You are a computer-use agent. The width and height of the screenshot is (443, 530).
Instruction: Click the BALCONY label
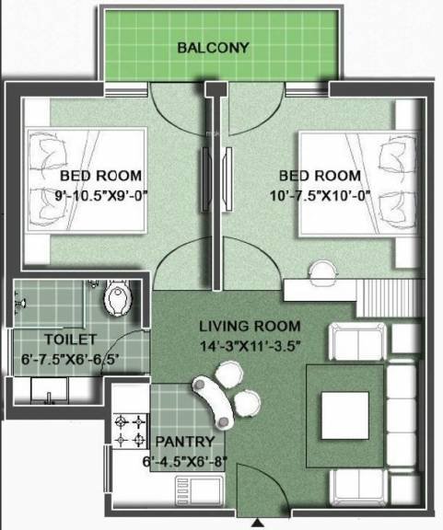[214, 47]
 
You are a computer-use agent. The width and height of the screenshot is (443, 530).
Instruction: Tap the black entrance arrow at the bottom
[255, 523]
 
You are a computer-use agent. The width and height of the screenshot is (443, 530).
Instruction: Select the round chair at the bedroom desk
[323, 270]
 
